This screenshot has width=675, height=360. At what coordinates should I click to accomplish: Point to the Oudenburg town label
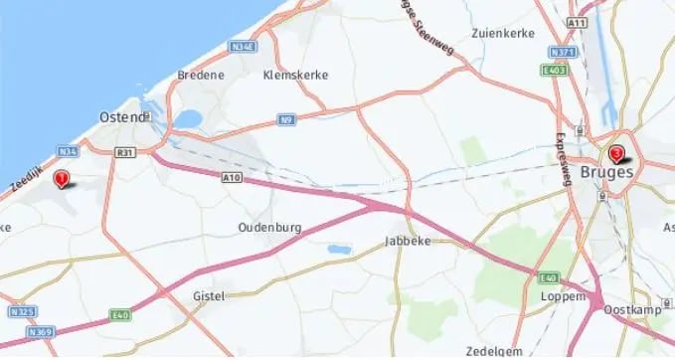click(x=269, y=227)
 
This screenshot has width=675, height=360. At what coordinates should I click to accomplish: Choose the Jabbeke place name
click(x=406, y=242)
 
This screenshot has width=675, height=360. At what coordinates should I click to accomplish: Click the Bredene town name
click(x=200, y=75)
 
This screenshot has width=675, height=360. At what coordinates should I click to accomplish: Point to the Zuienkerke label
click(x=503, y=33)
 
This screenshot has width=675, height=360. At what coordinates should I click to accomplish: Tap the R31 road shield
click(x=124, y=152)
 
